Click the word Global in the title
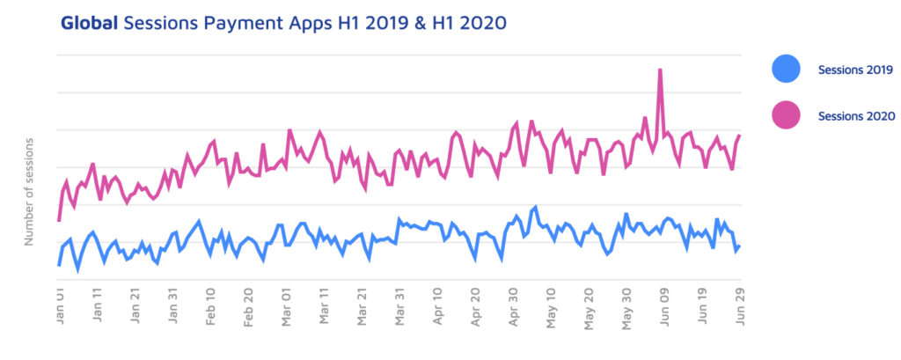(90, 24)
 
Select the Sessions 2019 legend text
(855, 69)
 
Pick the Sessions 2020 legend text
(855, 115)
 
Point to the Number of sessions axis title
(29, 191)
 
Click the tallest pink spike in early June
(660, 70)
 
